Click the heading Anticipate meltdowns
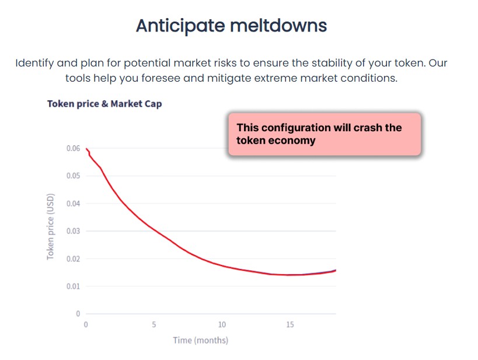[231, 26]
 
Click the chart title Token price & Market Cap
[104, 104]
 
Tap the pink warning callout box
[324, 134]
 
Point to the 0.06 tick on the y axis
[73, 149]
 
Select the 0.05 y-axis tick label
[73, 176]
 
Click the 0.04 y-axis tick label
[73, 204]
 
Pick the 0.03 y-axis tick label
[73, 231]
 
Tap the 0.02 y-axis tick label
[73, 258]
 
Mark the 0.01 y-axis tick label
[73, 286]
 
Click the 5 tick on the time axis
[154, 324]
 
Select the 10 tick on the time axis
[222, 324]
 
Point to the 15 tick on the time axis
[290, 324]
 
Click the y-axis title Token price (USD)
[51, 226]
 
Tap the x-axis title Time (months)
[200, 340]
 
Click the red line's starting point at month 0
[86, 149]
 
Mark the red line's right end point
[336, 270]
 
